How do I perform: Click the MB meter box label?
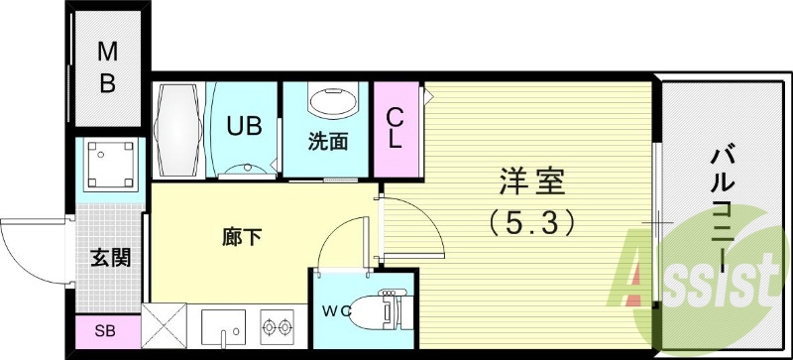[x=107, y=67]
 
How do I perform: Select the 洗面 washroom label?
[x=327, y=141]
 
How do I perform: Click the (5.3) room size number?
[x=532, y=224]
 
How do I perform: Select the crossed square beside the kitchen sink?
[x=164, y=325]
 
